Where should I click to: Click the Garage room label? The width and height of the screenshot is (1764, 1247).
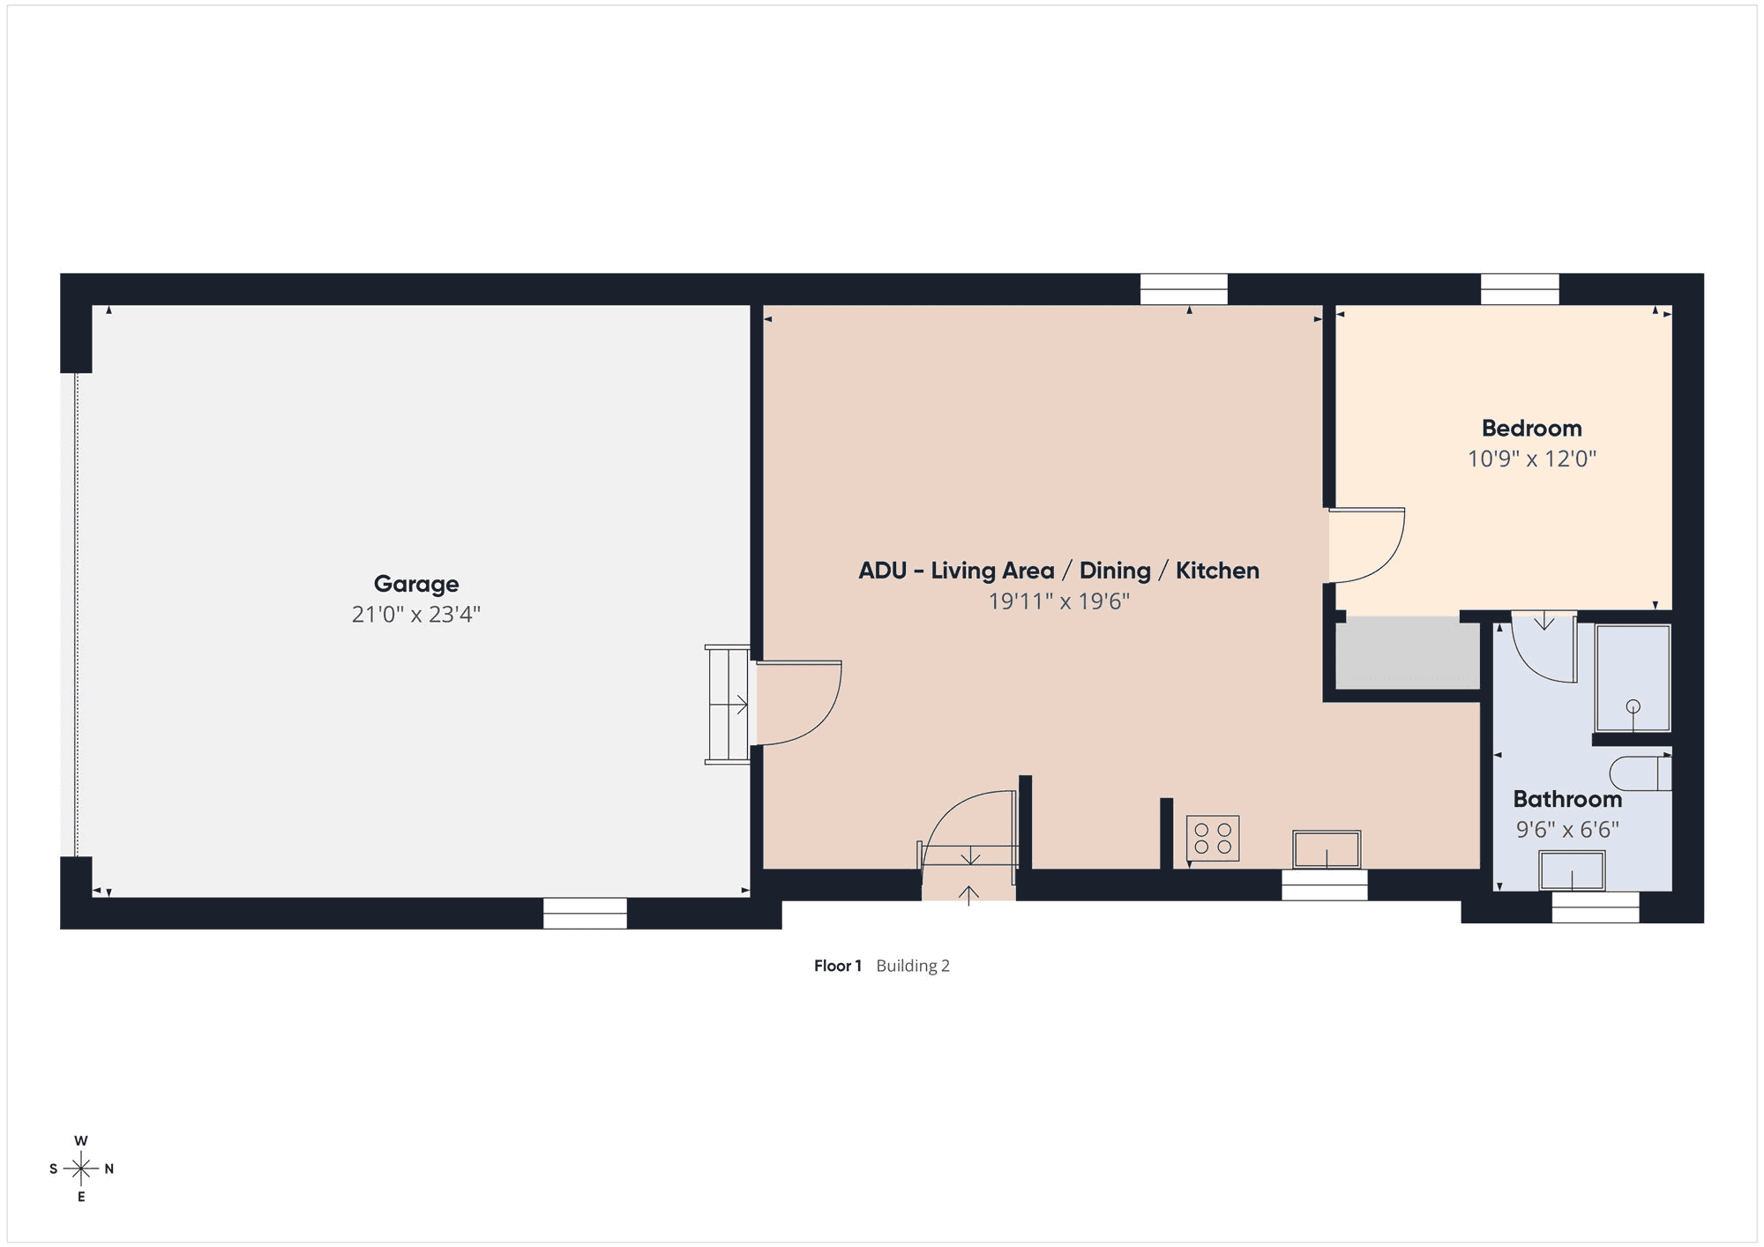pyautogui.click(x=416, y=584)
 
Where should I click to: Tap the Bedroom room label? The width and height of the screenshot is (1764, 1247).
pyautogui.click(x=1532, y=429)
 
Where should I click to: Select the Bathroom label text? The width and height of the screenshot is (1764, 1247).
pyautogui.click(x=1567, y=799)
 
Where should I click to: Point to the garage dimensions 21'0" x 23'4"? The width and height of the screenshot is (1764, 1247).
pyautogui.click(x=416, y=615)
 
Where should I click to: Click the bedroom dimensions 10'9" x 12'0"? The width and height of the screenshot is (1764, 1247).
pyautogui.click(x=1532, y=459)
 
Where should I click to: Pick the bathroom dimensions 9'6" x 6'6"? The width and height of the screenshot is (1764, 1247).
pyautogui.click(x=1567, y=830)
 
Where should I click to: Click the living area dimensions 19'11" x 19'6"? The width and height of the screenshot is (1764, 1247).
pyautogui.click(x=1058, y=601)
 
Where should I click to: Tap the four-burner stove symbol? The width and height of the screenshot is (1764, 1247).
pyautogui.click(x=1213, y=838)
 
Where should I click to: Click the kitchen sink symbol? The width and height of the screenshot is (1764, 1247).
pyautogui.click(x=1327, y=849)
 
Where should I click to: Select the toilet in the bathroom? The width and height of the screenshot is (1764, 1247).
pyautogui.click(x=1641, y=773)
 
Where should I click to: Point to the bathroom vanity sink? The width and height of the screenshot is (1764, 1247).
pyautogui.click(x=1572, y=870)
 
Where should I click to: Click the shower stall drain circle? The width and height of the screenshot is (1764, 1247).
pyautogui.click(x=1633, y=706)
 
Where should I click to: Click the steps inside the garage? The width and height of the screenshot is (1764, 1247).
pyautogui.click(x=728, y=705)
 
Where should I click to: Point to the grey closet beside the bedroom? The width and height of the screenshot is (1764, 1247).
pyautogui.click(x=1408, y=653)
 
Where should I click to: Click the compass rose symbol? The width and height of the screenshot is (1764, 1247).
pyautogui.click(x=81, y=1169)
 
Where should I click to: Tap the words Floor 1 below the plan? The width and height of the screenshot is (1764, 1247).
pyautogui.click(x=837, y=966)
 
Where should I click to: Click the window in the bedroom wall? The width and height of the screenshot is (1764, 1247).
pyautogui.click(x=1520, y=289)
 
